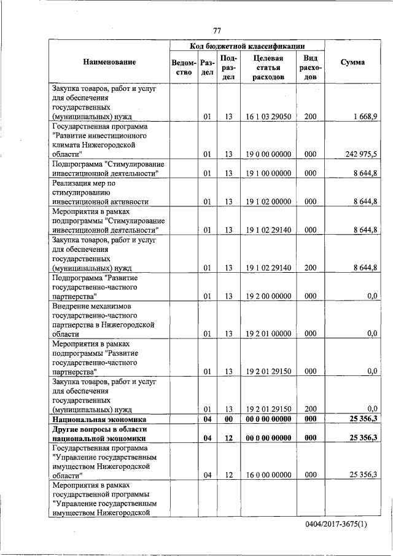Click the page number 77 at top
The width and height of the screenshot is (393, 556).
coord(217,31)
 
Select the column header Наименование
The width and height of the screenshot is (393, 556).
coord(109,62)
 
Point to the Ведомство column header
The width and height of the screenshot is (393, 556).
coord(184,67)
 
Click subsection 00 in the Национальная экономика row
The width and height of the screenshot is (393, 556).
coord(228,419)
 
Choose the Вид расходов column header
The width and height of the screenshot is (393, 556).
coord(310,68)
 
